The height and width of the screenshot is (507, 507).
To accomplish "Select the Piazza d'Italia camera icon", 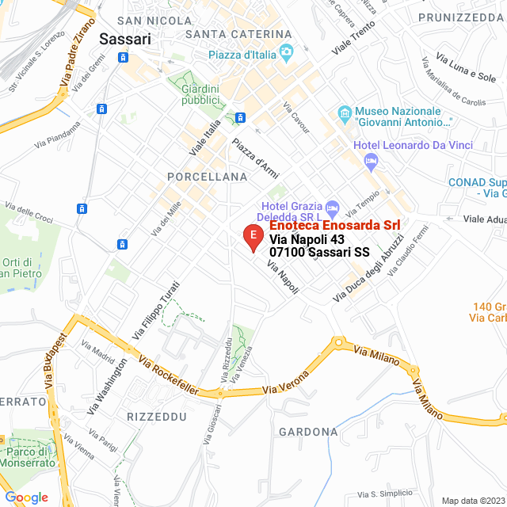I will pyautogui.click(x=286, y=54).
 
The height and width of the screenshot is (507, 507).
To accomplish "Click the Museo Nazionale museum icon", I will pyautogui.click(x=344, y=116).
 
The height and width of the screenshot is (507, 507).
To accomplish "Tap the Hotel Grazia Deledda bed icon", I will pyautogui.click(x=334, y=209).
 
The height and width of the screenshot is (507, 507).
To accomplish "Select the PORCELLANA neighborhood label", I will pyautogui.click(x=208, y=177).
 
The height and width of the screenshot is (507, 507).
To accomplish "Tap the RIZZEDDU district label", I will pyautogui.click(x=156, y=416).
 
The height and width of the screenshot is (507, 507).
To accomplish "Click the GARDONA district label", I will pyautogui.click(x=308, y=432).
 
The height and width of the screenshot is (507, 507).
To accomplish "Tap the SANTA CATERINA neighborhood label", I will pyautogui.click(x=238, y=33).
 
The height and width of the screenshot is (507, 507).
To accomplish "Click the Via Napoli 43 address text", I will pyautogui.click(x=307, y=239).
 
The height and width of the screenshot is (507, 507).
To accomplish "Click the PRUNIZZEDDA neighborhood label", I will pyautogui.click(x=462, y=17).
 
